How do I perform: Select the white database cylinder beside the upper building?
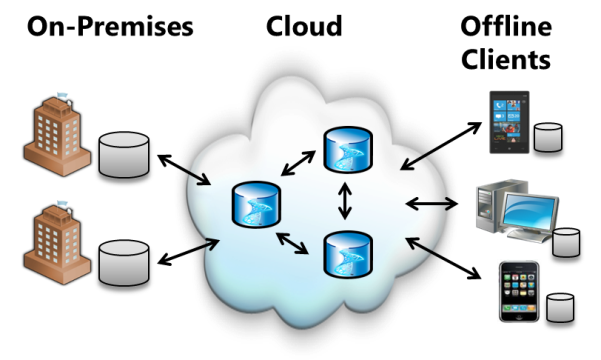click(124, 155)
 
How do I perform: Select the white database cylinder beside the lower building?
click(124, 262)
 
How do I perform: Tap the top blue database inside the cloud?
click(346, 150)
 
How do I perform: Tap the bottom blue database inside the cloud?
click(346, 253)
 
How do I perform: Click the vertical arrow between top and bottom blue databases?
click(346, 201)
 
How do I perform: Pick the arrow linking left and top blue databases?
click(298, 163)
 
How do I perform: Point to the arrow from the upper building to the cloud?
click(192, 176)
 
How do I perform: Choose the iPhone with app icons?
click(519, 291)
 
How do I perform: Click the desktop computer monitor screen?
click(527, 211)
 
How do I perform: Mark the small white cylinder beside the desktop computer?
click(567, 243)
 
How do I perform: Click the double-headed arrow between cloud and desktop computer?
click(431, 205)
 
